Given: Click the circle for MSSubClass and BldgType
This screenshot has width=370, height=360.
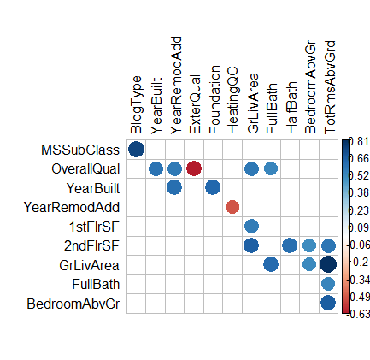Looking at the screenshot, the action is coord(136,150).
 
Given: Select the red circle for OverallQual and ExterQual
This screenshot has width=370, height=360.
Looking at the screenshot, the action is coord(194,168).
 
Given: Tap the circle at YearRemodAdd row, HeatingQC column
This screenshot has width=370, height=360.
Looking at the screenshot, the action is coord(232,207).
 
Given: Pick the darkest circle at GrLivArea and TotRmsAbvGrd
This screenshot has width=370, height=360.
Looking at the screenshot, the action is coord(328,264).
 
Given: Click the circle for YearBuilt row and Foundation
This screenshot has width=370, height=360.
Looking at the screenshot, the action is coord(213,188).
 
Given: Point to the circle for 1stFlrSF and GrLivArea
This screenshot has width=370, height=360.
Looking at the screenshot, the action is coord(251,227).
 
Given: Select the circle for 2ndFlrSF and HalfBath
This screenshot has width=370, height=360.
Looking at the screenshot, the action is coord(290,245).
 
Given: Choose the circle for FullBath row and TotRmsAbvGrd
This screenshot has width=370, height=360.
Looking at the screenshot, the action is coord(328,284).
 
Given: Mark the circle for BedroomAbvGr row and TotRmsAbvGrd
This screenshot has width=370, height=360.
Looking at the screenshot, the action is coord(328,303).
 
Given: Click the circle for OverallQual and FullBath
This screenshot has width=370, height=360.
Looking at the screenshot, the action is coord(271,168).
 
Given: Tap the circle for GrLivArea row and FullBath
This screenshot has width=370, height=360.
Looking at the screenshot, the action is coord(271,264).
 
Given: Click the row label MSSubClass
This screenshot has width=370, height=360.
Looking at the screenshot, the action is coord(80,150).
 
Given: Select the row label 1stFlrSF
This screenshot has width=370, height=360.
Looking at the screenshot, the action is coord(94,227).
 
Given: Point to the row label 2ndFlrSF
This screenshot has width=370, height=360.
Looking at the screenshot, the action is coord(91,245).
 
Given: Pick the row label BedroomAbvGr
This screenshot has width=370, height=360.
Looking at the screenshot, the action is coord(73,304).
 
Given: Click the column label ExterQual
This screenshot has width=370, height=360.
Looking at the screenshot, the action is coord(195,104).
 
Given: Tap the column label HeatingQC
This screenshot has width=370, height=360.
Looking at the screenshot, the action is coord(232,100).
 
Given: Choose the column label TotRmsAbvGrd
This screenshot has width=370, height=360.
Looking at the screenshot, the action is coord(330,87).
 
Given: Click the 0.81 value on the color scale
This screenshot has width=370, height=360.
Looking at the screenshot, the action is coord(360,141).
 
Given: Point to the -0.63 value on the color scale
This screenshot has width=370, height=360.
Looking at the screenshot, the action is coord(359,314).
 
